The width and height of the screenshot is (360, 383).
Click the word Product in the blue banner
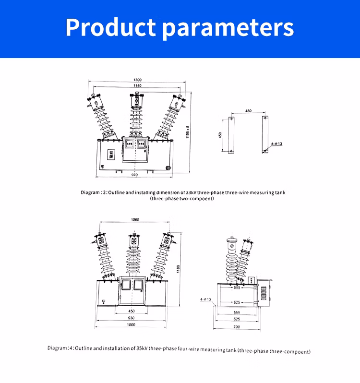[110, 27]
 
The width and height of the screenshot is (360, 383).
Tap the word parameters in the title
[228, 27]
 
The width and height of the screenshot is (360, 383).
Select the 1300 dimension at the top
[137, 80]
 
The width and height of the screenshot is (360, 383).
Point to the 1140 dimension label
[137, 85]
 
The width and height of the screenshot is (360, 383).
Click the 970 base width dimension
[134, 175]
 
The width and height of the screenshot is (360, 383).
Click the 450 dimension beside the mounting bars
[220, 135]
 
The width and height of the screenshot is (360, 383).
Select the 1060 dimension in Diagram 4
[134, 220]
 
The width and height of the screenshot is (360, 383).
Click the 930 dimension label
[132, 318]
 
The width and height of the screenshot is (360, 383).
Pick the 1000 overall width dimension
[132, 325]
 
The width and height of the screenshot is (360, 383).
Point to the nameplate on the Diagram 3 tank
[111, 154]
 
